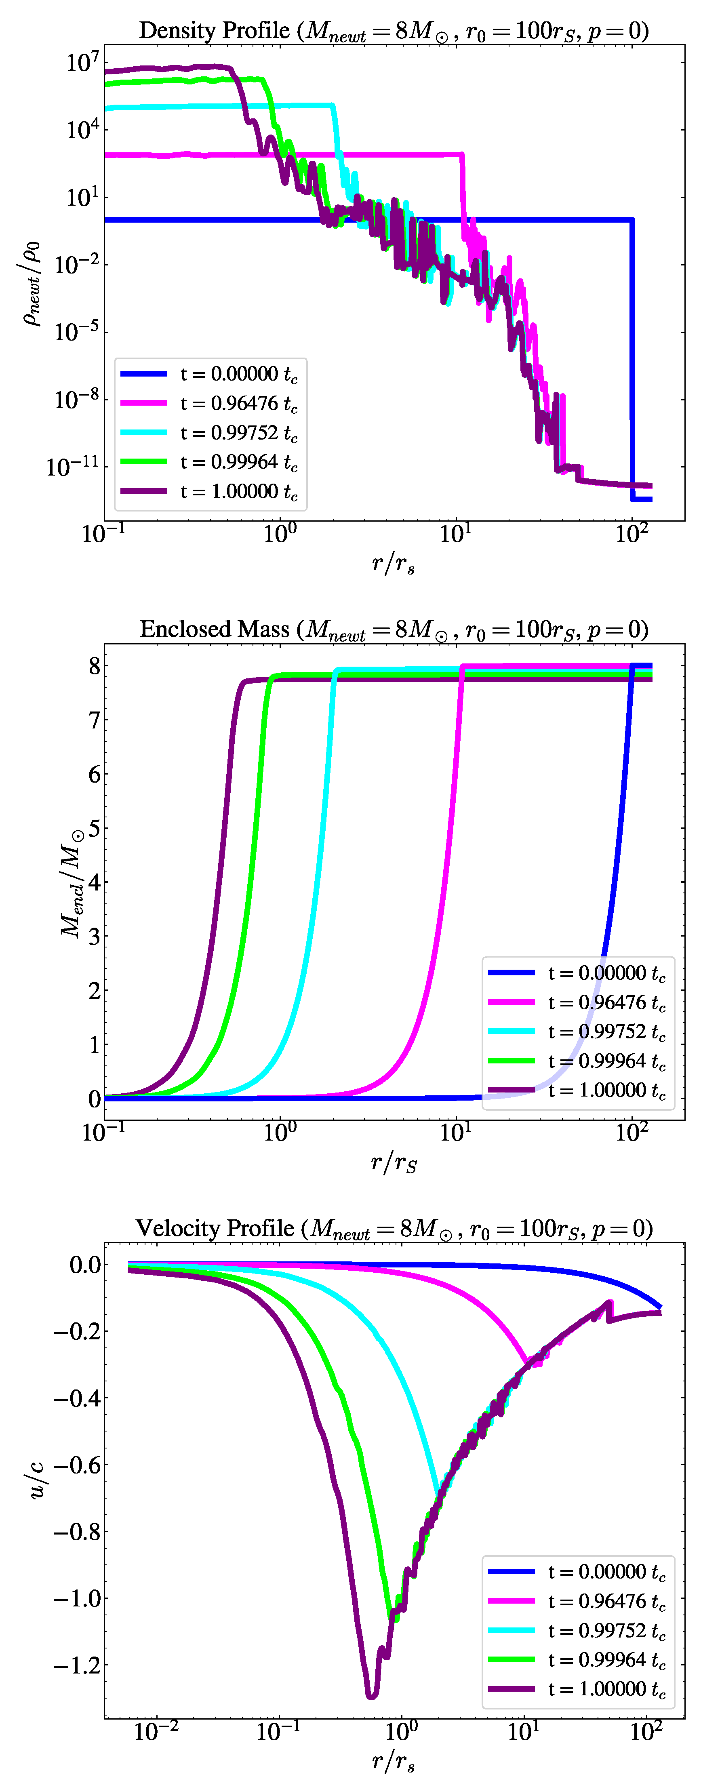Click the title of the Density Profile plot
coord(394,30)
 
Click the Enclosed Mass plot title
coord(394,629)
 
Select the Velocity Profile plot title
coord(394,1228)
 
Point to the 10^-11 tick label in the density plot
coord(73,467)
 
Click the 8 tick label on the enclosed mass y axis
coord(94,666)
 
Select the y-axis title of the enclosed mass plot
coord(72,882)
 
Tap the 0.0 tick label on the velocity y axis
coord(85,1265)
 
